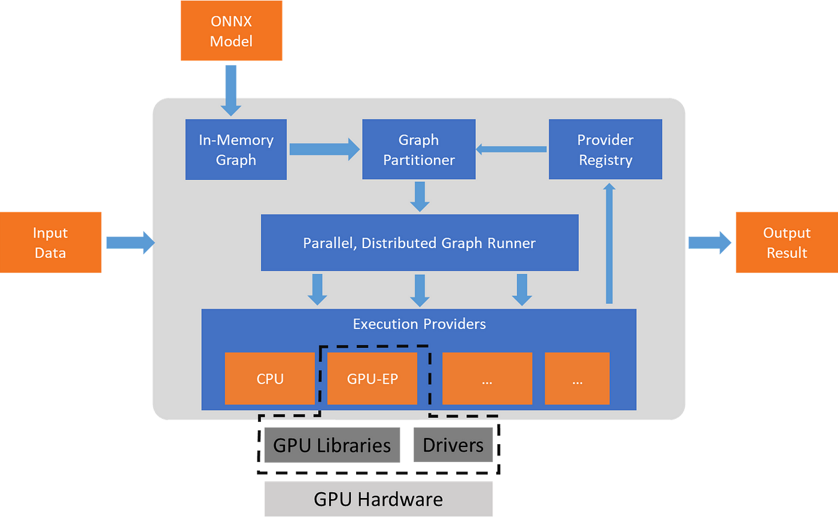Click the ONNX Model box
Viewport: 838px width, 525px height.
[231, 31]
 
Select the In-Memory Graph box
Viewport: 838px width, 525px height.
[236, 149]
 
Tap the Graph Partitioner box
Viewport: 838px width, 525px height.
[418, 149]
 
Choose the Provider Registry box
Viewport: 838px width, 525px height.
[605, 149]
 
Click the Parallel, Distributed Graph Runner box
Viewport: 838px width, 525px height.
[420, 243]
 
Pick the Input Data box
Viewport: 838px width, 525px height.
[50, 242]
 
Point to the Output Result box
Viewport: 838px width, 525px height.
[787, 242]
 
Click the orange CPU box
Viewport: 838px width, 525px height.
[270, 379]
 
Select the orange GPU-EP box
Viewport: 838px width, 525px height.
[372, 379]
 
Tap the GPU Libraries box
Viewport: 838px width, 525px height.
[332, 445]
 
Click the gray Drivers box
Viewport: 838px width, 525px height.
[453, 445]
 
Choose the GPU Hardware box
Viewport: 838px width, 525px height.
[378, 499]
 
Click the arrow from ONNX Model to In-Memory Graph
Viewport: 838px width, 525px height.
[231, 90]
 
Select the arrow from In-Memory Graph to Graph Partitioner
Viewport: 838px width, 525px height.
[324, 149]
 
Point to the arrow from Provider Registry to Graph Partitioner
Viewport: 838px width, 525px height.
[511, 149]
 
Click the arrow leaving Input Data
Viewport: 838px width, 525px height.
[130, 243]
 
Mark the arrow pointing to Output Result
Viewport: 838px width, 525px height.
[710, 243]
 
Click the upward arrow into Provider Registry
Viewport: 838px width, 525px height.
[609, 243]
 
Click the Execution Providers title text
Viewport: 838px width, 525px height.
[420, 324]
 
